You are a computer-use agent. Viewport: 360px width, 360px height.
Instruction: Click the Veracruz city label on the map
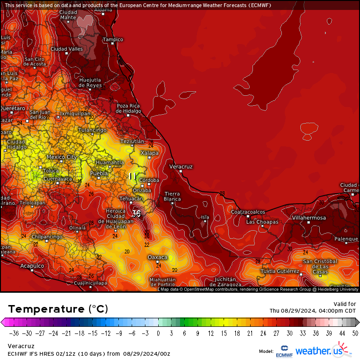click(181, 167)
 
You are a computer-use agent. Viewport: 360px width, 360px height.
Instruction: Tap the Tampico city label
click(113, 39)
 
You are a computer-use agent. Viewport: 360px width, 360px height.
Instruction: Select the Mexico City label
click(62, 157)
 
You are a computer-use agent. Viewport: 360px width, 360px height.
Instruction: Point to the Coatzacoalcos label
click(248, 212)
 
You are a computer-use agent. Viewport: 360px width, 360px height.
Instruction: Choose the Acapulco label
click(32, 266)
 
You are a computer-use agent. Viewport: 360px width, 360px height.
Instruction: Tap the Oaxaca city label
click(158, 257)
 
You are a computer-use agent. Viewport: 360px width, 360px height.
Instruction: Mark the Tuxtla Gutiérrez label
click(280, 271)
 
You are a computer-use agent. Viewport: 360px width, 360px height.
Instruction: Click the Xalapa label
click(150, 153)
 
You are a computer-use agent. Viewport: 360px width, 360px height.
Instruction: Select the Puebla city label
click(99, 173)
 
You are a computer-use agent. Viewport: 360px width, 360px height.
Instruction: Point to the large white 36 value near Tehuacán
click(136, 214)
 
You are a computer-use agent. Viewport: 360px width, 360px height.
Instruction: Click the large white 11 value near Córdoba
click(133, 176)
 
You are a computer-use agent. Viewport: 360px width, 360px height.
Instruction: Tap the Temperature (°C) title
click(58, 309)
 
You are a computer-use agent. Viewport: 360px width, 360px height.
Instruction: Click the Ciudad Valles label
click(67, 49)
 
